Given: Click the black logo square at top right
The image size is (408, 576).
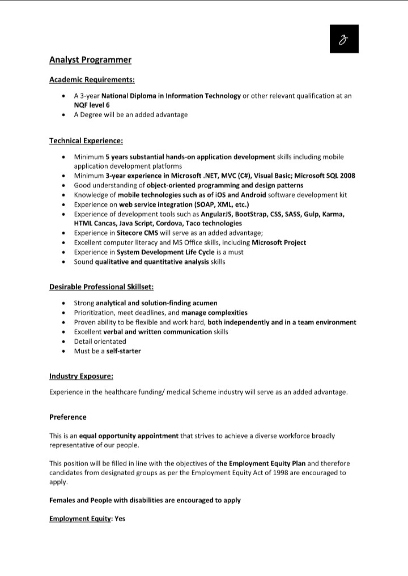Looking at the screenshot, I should [344, 39].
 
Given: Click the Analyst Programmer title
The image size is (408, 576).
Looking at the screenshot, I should [90, 59].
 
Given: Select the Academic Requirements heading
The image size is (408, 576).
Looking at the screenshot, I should [92, 80].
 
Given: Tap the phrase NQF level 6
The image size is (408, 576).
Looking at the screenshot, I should [92, 105].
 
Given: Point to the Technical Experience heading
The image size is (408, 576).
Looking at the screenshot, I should [86, 140].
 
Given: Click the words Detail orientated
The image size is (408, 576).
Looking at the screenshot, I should [100, 342].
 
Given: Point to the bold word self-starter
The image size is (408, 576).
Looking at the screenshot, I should [124, 351].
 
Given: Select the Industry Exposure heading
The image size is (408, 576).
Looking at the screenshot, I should [81, 376].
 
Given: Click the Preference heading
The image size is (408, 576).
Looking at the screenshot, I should [68, 417].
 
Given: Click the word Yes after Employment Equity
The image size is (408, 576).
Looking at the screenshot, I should [120, 519].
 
